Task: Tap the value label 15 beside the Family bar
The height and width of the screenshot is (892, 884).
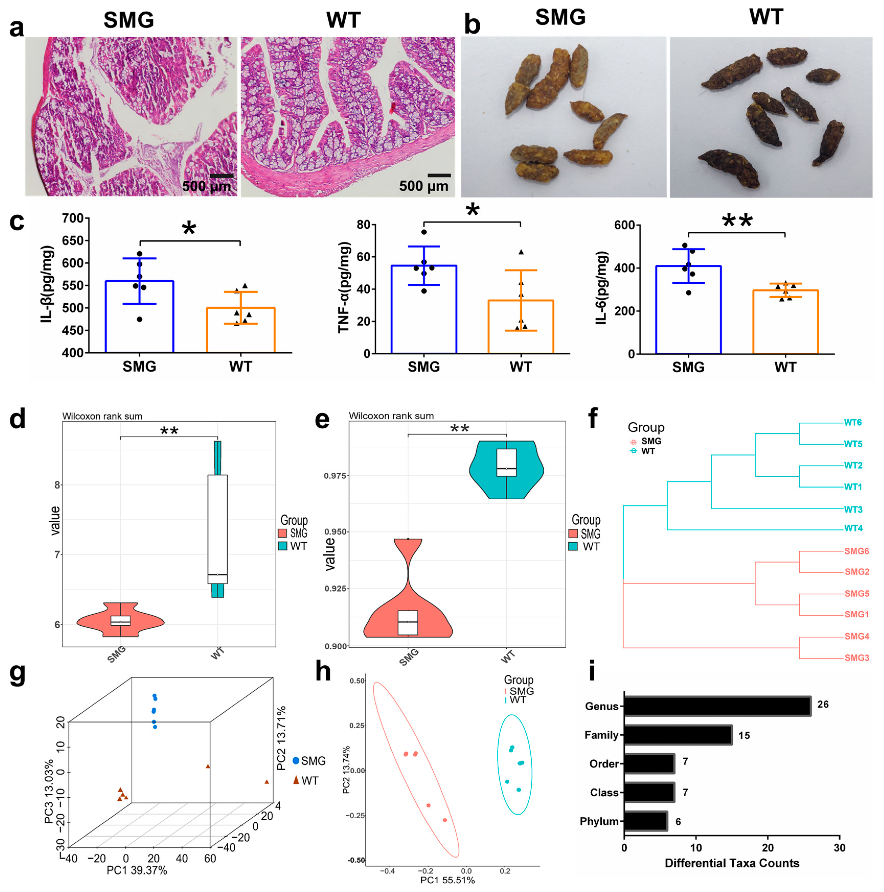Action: point(744,735)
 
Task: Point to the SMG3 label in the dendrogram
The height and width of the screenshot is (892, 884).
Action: point(857,658)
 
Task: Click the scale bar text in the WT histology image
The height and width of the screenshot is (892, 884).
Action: point(423,186)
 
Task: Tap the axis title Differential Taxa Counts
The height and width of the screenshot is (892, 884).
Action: point(732,863)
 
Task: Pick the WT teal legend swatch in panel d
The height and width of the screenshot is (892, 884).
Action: point(283,546)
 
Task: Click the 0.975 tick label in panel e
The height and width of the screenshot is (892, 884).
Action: point(336,476)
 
